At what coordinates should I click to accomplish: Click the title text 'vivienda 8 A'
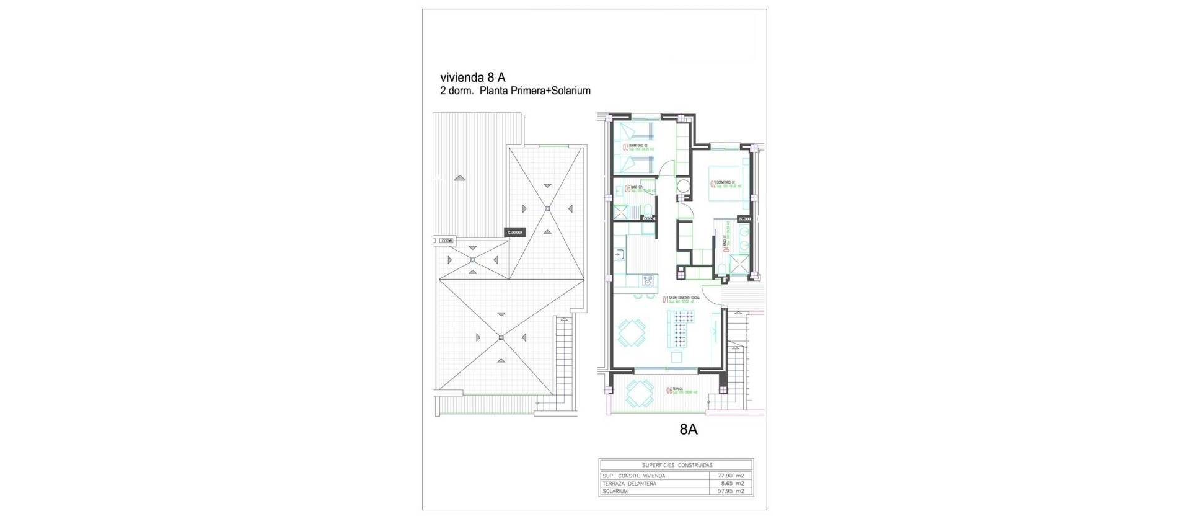472,78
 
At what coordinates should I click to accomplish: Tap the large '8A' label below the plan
684,429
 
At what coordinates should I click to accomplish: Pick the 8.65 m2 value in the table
732,483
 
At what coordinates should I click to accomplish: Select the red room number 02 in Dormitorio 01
713,184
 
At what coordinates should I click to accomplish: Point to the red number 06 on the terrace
669,391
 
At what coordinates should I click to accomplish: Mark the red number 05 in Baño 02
628,189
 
